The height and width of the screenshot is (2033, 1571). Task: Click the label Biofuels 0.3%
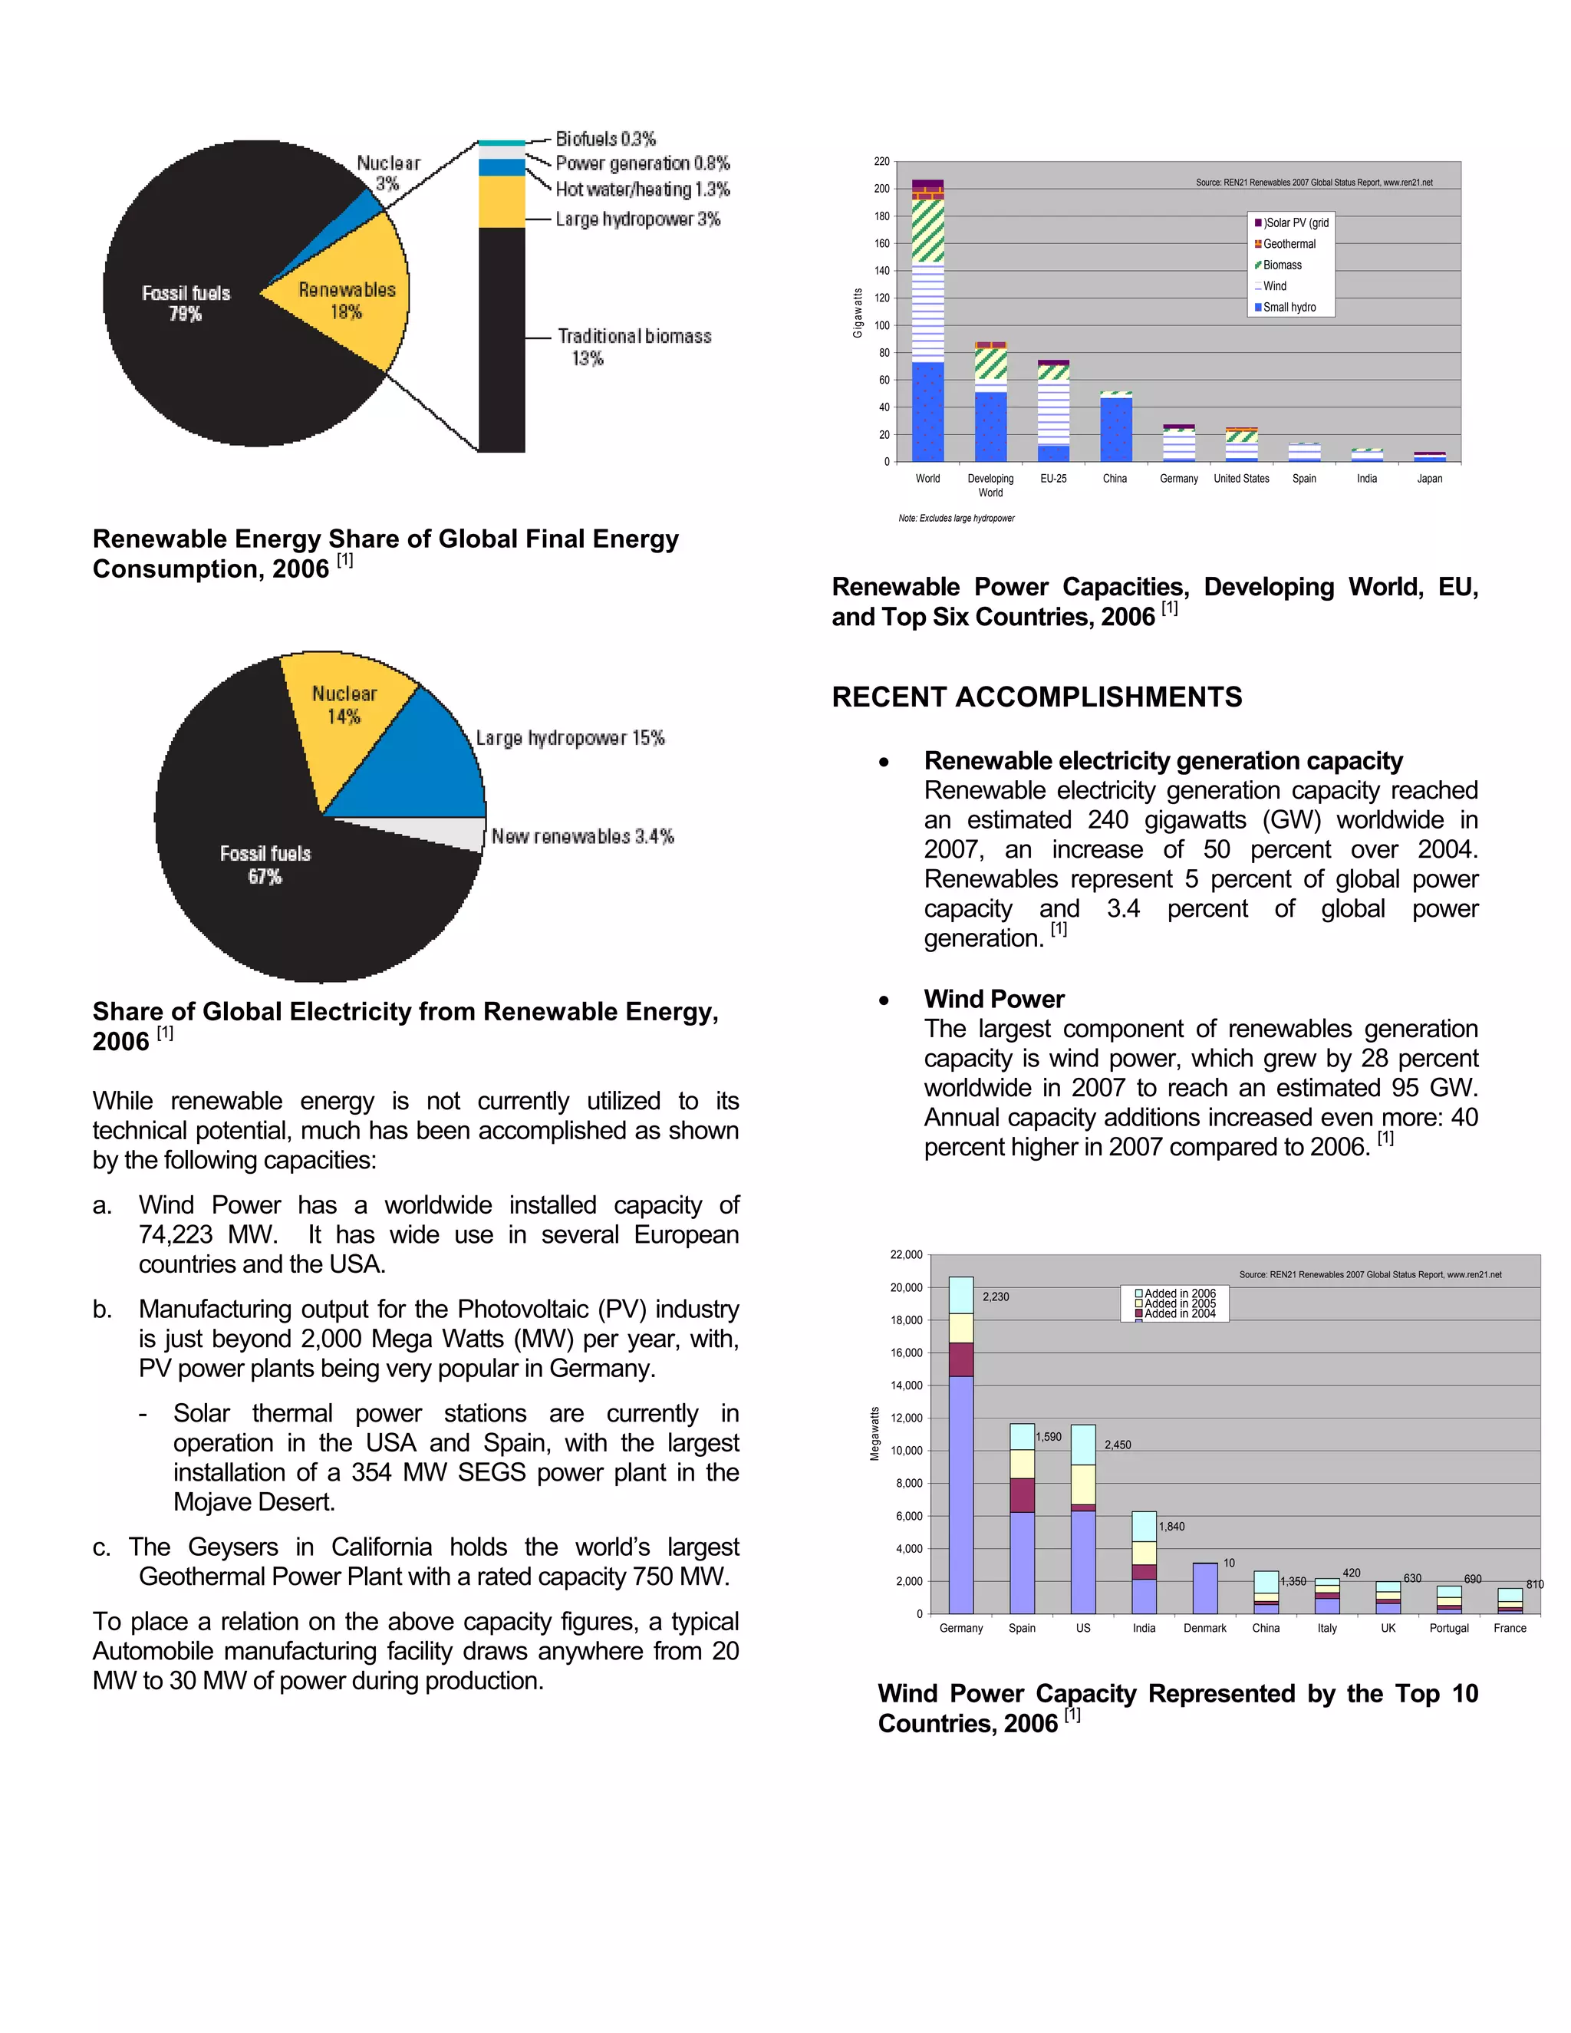605,139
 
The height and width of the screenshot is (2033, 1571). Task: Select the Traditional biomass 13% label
634,336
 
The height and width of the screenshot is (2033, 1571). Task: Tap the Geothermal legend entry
1289,244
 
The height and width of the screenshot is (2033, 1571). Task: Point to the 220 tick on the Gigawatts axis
881,162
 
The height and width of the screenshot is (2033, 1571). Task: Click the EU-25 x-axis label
1053,479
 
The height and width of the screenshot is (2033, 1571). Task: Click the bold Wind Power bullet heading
994,999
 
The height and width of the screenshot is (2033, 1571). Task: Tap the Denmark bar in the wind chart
1204,1588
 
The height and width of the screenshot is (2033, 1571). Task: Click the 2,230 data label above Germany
995,1297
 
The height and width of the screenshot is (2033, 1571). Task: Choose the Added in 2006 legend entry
1178,1293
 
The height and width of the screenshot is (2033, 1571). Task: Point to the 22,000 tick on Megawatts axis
906,1255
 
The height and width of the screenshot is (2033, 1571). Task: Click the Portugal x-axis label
1448,1628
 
